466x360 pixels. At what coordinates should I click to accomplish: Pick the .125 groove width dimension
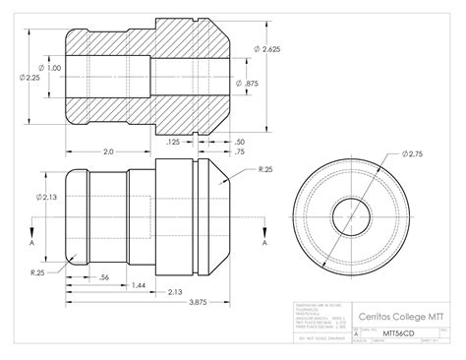tap(173, 143)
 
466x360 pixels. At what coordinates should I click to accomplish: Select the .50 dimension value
tap(240, 143)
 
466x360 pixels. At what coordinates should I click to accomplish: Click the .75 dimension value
tap(240, 153)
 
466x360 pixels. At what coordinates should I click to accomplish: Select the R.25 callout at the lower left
tap(36, 271)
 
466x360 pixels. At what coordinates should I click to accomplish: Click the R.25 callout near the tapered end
tap(266, 169)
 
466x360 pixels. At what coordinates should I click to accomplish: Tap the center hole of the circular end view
tap(351, 213)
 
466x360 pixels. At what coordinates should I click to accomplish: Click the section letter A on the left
tap(32, 241)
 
